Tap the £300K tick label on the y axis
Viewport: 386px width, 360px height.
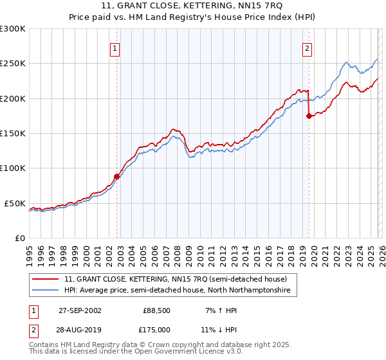(x=13, y=29)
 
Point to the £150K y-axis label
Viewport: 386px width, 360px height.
(x=13, y=134)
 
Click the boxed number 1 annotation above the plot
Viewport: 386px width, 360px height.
(x=115, y=48)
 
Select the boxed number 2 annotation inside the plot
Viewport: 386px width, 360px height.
(x=308, y=48)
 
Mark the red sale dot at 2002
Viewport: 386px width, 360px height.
(x=117, y=176)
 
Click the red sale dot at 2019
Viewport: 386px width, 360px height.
(x=309, y=116)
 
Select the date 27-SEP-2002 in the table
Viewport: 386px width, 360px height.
(x=80, y=310)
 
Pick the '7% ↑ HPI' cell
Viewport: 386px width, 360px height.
(x=220, y=310)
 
